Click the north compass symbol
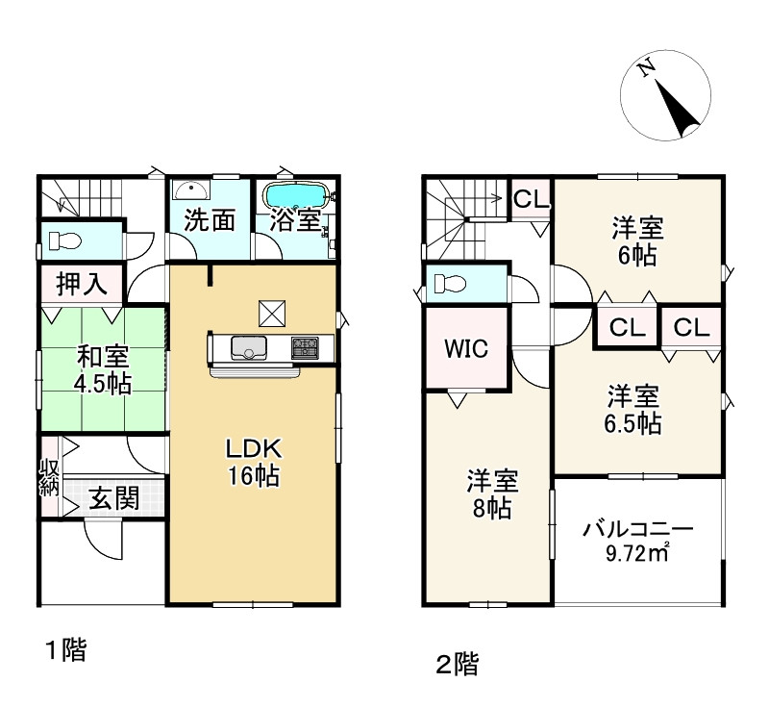click(665, 95)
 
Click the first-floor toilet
click(64, 240)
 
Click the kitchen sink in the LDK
click(249, 348)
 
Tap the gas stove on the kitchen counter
click(305, 348)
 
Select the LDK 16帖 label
click(253, 462)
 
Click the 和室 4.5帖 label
click(103, 370)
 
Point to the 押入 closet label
click(82, 284)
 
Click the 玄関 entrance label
click(114, 498)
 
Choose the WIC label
click(466, 349)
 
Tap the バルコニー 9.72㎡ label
click(637, 542)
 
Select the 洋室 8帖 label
click(492, 494)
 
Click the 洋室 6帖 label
click(637, 241)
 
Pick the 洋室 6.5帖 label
click(633, 410)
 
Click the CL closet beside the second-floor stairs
click(532, 199)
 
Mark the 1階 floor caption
click(66, 650)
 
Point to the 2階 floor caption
click(457, 665)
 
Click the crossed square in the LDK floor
click(272, 313)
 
